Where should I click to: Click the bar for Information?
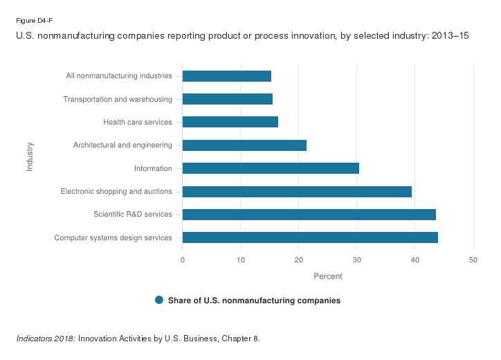pyautogui.click(x=271, y=168)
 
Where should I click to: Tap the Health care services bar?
pyautogui.click(x=230, y=122)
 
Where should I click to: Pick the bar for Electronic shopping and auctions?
pyautogui.click(x=297, y=192)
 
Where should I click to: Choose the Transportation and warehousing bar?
pyautogui.click(x=228, y=99)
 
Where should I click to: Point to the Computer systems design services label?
pyautogui.click(x=113, y=238)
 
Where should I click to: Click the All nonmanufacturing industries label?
pyautogui.click(x=119, y=76)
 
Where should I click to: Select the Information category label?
pyautogui.click(x=153, y=168)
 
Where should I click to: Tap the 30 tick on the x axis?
pyautogui.click(x=357, y=260)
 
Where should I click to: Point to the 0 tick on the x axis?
pyautogui.click(x=183, y=260)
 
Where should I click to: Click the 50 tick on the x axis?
pyautogui.click(x=473, y=260)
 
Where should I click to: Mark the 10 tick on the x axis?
pyautogui.click(x=241, y=260)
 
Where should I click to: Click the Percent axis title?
pyautogui.click(x=328, y=276)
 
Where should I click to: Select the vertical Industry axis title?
pyautogui.click(x=30, y=156)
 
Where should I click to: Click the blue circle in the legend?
pyautogui.click(x=159, y=300)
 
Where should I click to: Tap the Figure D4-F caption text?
pyautogui.click(x=35, y=20)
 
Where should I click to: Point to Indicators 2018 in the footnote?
pyautogui.click(x=46, y=339)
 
